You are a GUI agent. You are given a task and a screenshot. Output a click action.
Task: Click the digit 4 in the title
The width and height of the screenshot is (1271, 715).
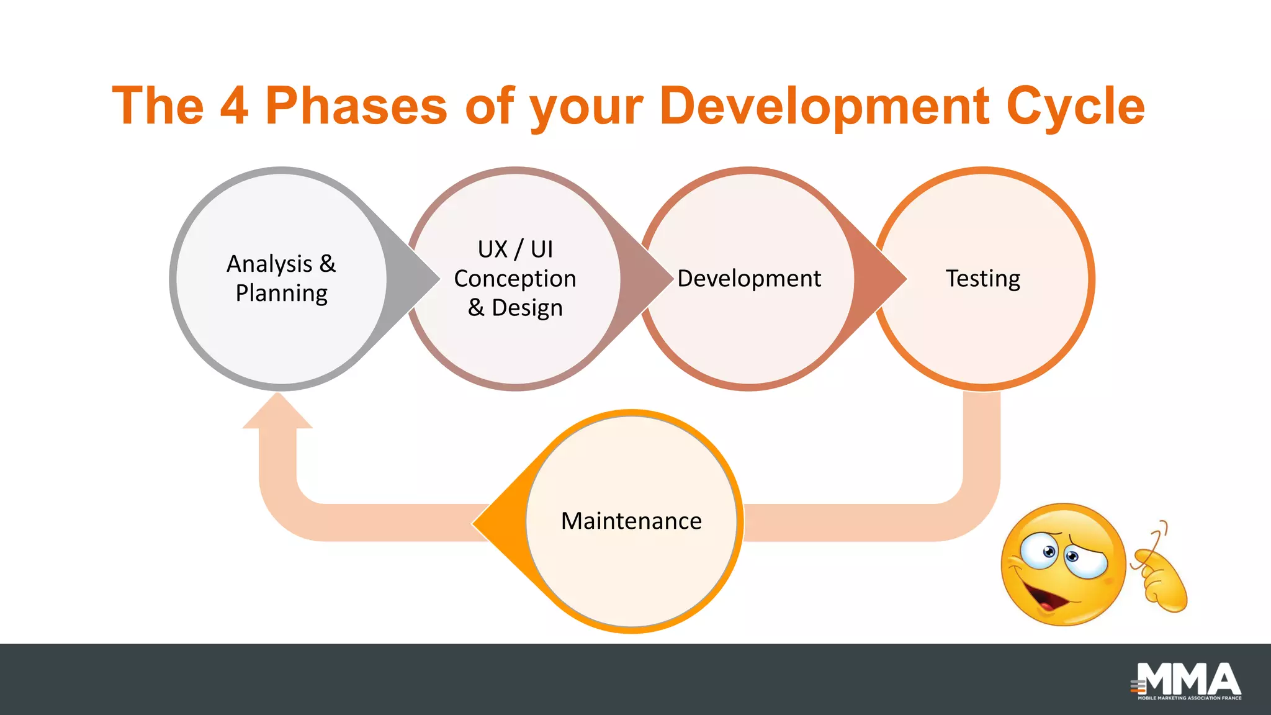click(235, 106)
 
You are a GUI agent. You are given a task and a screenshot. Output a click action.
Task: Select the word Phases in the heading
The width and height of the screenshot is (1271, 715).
click(356, 106)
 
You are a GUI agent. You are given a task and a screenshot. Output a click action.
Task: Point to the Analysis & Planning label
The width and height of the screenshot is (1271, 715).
click(281, 278)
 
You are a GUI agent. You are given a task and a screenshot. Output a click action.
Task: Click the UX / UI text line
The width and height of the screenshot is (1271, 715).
click(515, 250)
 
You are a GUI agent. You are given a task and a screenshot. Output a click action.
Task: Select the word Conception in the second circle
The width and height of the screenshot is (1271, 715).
click(515, 279)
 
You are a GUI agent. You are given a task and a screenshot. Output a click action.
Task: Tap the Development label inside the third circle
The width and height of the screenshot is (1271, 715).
click(749, 279)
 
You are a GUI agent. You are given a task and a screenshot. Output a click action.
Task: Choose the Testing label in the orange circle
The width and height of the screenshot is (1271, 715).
click(983, 279)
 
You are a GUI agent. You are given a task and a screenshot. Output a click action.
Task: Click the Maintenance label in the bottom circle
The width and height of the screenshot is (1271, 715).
click(631, 521)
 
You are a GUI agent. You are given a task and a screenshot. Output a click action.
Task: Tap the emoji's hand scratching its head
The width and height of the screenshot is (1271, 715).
click(1161, 577)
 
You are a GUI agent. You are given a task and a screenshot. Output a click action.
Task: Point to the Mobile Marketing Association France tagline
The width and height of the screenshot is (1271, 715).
click(1189, 698)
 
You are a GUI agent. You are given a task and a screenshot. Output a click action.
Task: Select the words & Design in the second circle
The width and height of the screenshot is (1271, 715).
click(515, 308)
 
